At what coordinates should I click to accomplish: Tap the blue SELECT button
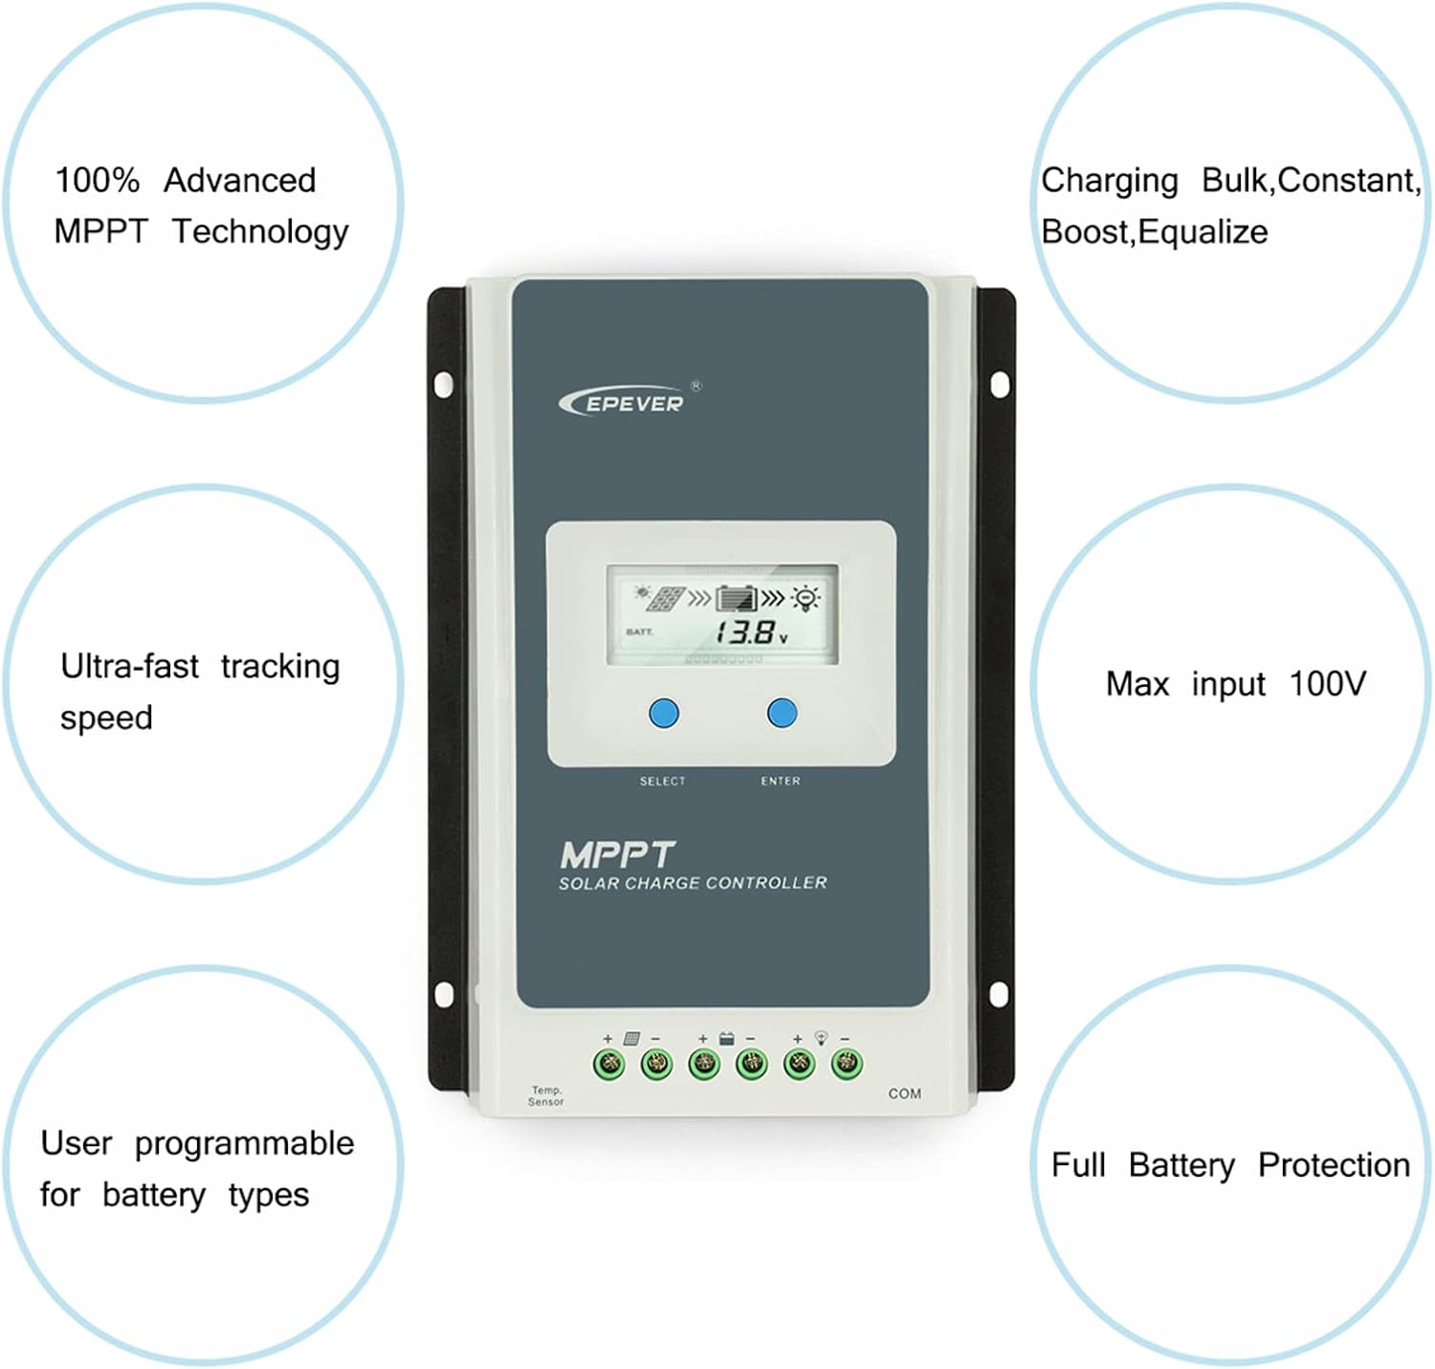[x=664, y=713]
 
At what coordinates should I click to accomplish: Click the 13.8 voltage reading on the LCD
[x=745, y=632]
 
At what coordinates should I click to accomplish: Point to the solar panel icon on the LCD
[x=664, y=598]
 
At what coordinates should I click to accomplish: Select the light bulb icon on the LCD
[x=807, y=598]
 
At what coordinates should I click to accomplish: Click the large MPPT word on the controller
[x=617, y=854]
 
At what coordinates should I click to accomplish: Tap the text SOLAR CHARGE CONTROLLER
[x=693, y=883]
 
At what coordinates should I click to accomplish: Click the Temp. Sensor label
[x=546, y=1096]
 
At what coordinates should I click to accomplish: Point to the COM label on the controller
[x=904, y=1093]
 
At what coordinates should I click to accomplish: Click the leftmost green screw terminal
[x=609, y=1064]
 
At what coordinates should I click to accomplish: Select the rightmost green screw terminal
[x=847, y=1063]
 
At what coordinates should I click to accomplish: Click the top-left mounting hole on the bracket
[x=443, y=385]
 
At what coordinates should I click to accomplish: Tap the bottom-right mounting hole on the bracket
[x=999, y=994]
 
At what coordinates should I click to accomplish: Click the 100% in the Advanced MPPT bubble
[x=97, y=180]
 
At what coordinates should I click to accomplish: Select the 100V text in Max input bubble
[x=1327, y=683]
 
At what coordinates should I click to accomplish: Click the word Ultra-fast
[x=129, y=666]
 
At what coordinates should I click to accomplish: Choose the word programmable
[x=244, y=1144]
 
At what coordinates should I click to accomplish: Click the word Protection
[x=1334, y=1165]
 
